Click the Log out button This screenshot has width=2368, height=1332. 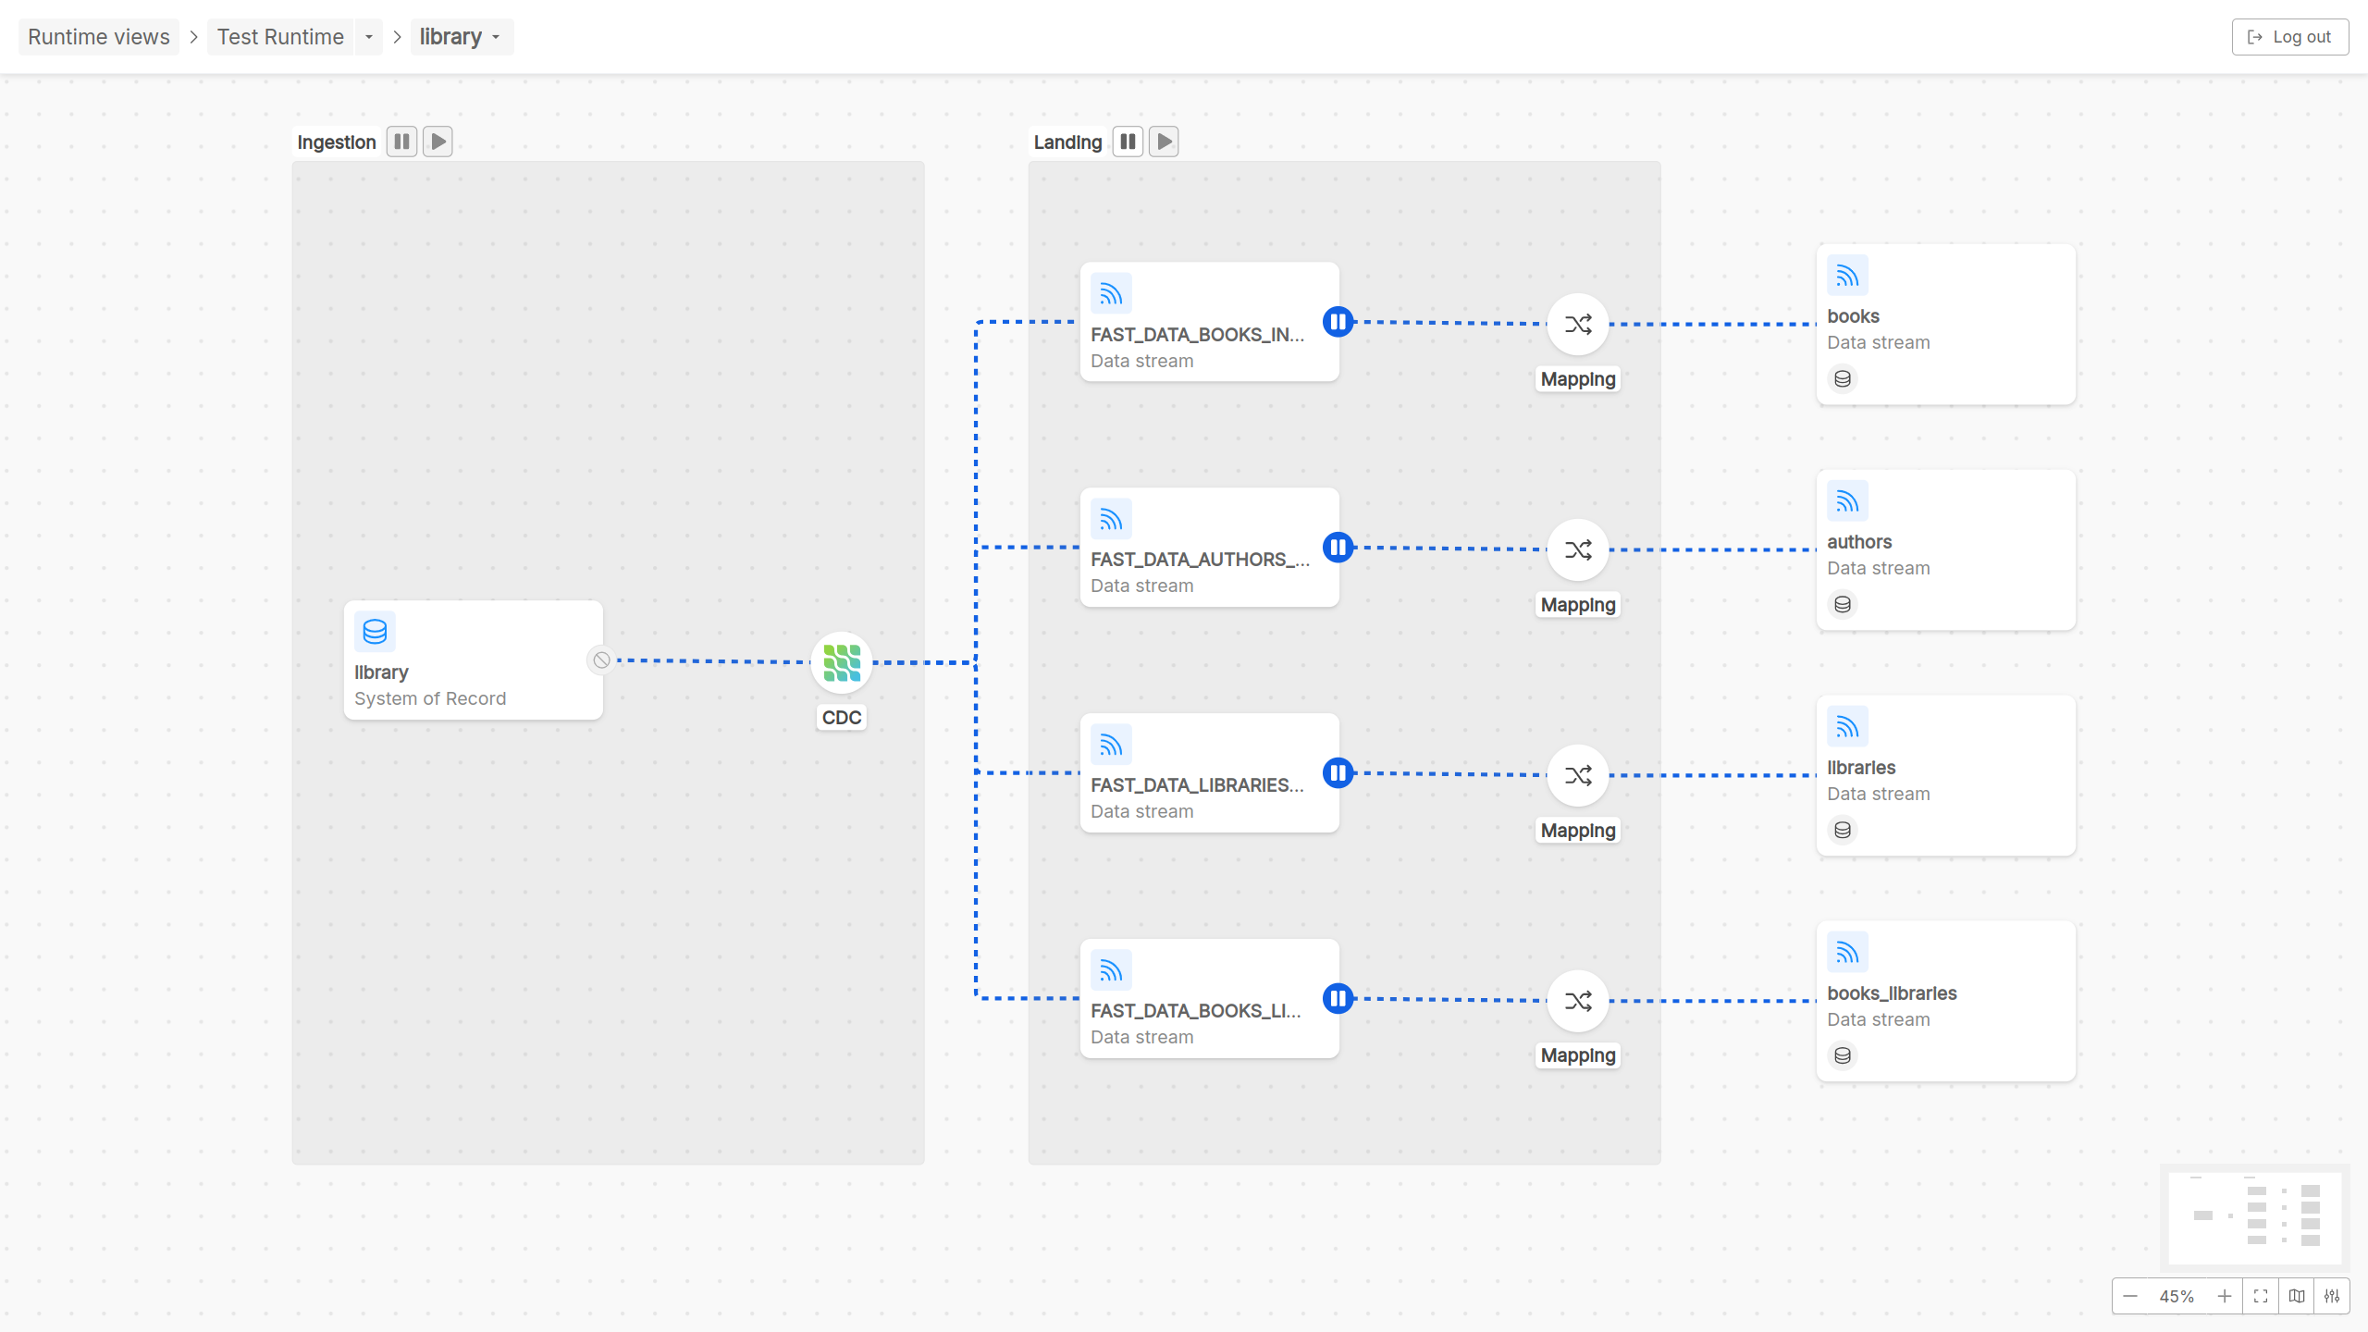point(2289,37)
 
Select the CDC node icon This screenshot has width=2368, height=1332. point(842,662)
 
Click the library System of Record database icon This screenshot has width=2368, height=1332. point(375,632)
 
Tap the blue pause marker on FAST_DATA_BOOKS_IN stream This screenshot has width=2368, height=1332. point(1338,322)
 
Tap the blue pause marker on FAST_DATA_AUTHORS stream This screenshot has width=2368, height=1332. point(1338,548)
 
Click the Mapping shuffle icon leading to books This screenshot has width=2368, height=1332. point(1578,325)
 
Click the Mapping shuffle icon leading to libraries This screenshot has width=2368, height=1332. point(1578,775)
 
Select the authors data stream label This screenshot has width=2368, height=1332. point(1859,542)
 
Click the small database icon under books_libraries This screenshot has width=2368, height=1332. point(1843,1055)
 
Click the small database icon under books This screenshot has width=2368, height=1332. point(1843,379)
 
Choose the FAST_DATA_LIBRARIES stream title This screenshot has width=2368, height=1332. point(1197,785)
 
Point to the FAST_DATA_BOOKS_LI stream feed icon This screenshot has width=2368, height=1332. point(1111,971)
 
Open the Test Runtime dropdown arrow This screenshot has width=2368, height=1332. point(369,37)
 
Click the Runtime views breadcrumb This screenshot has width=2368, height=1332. point(99,37)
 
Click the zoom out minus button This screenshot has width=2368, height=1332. point(2130,1296)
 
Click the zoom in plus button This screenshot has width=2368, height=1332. point(2225,1296)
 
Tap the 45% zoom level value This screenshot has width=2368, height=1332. point(2177,1296)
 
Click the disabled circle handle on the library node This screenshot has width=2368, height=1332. point(601,660)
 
